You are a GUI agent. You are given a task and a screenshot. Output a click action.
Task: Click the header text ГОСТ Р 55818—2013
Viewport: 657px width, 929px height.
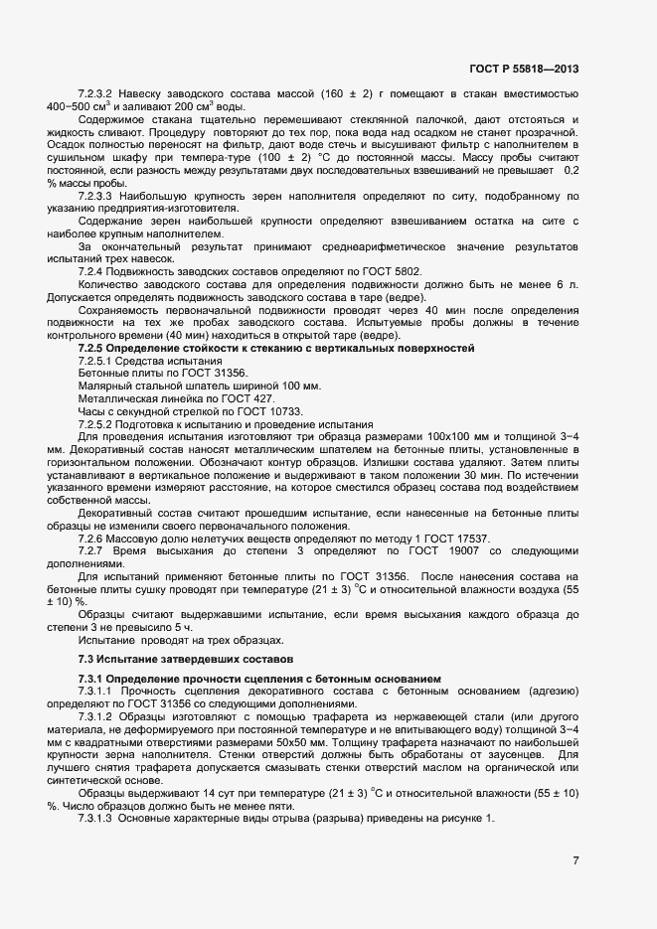[524, 69]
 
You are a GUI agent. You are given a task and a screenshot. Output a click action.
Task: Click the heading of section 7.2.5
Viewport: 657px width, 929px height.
[276, 347]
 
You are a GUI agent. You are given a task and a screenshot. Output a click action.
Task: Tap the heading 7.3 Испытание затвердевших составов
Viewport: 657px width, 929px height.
[186, 659]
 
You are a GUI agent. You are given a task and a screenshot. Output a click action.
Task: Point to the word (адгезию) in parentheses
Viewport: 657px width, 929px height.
[545, 691]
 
